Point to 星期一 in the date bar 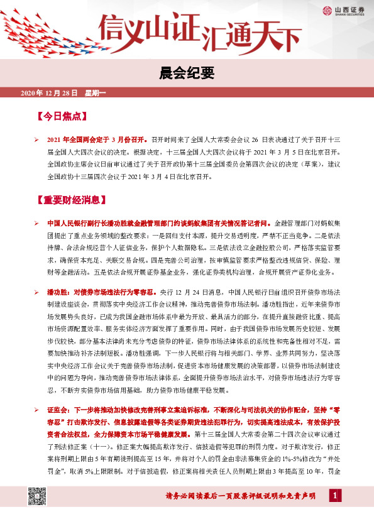tap(95, 93)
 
